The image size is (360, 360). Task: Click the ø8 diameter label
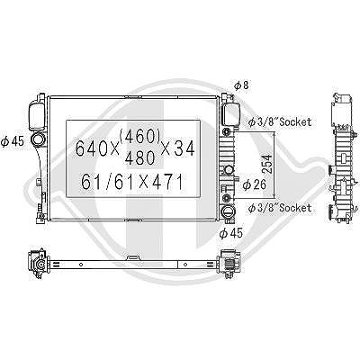pos(241,85)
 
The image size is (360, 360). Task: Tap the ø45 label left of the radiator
pos(13,141)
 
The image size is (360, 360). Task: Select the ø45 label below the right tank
pos(230,233)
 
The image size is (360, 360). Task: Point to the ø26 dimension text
pos(255,184)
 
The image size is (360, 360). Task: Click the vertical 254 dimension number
pos(267,164)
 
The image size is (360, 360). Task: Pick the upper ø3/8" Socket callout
pos(280,121)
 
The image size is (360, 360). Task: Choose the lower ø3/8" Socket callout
pos(280,208)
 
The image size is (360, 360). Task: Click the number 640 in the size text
pos(90,148)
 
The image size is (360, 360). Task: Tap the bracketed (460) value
pos(139,137)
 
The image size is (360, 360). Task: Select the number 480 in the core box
pos(139,157)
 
